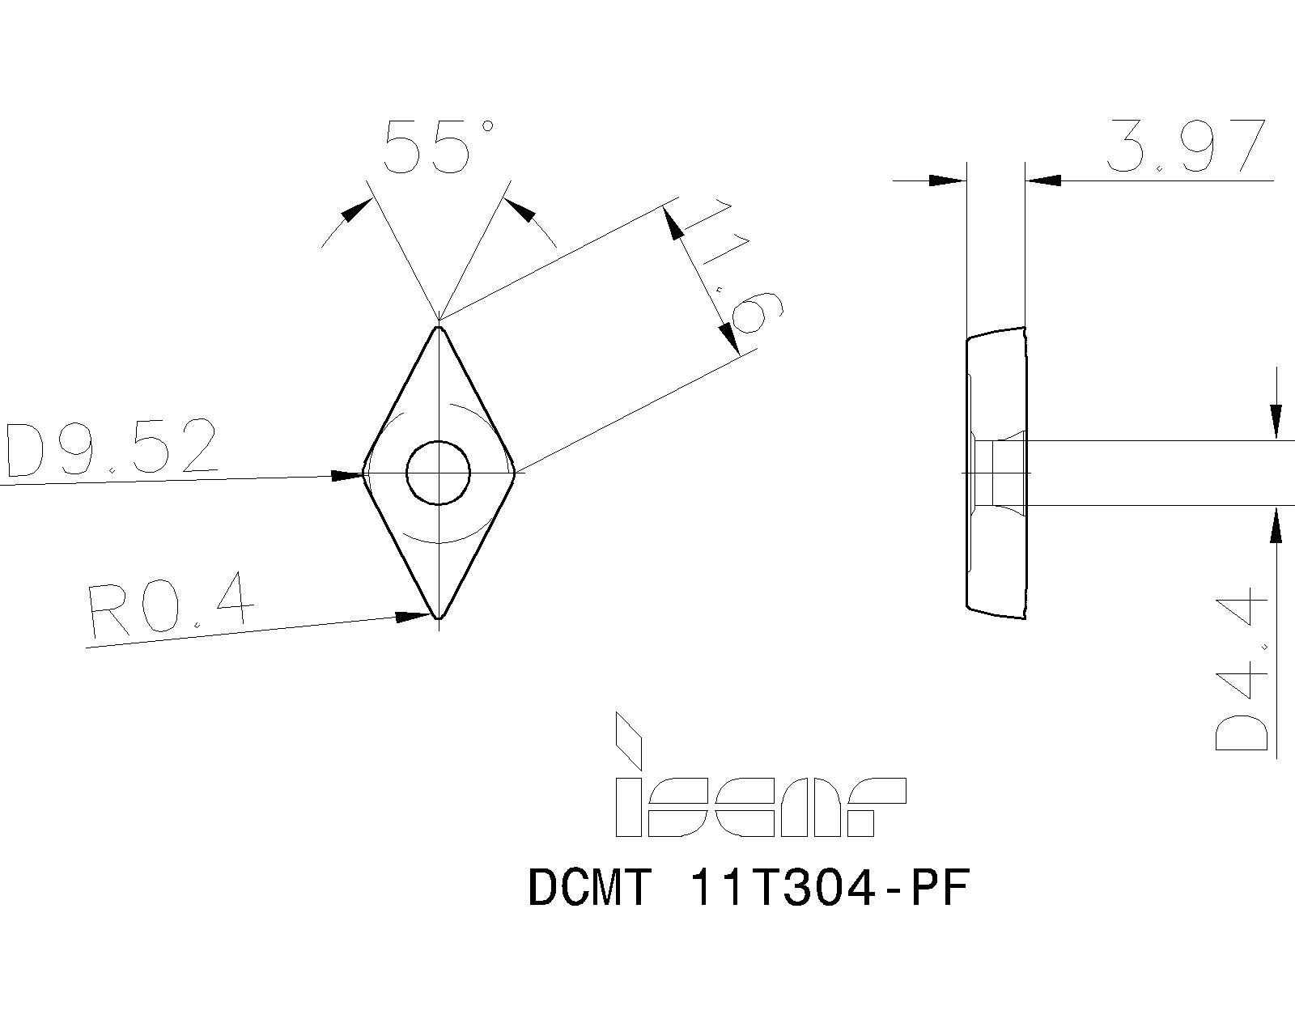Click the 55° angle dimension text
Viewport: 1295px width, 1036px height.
point(438,147)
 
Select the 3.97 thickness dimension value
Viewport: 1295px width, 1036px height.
point(1185,146)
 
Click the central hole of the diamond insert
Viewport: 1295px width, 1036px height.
point(438,473)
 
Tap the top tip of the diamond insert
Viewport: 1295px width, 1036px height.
point(439,328)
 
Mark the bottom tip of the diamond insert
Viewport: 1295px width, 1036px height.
point(439,618)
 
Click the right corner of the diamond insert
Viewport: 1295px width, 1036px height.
point(513,472)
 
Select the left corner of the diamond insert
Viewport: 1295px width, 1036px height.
point(364,473)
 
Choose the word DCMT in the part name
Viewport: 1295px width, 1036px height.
point(589,889)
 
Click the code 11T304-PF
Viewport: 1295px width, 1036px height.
point(827,889)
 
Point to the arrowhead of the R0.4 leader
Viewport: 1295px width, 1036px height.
point(414,617)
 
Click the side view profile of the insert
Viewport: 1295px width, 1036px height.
point(996,473)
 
